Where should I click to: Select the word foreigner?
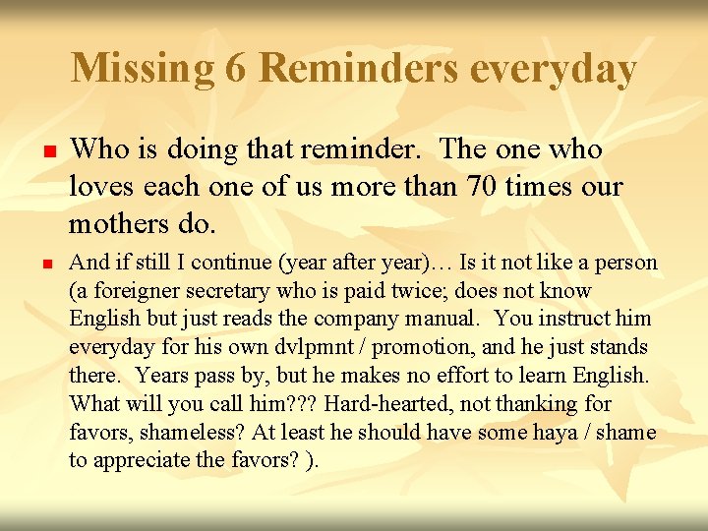tap(127, 291)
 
